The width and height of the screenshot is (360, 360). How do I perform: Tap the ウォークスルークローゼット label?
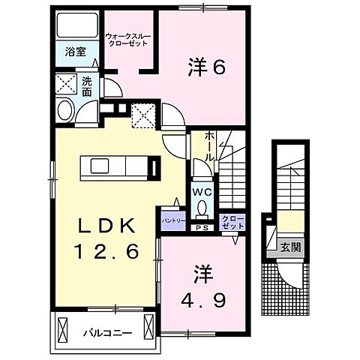124,38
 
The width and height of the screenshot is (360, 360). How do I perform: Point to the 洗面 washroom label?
87,86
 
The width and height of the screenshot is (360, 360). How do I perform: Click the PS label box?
201,227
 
